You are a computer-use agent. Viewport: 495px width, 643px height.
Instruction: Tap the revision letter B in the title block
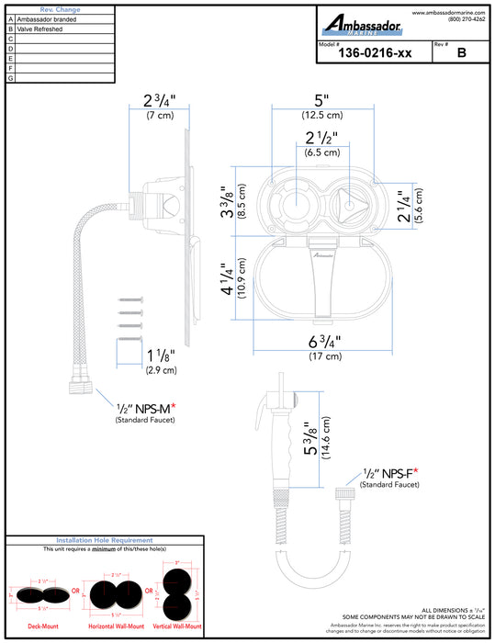coord(461,54)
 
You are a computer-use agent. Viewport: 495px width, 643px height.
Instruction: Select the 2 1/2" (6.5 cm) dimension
coord(322,144)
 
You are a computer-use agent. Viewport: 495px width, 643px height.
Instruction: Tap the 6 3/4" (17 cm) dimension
coord(322,347)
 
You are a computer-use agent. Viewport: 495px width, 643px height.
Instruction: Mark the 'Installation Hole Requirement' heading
coord(104,540)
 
